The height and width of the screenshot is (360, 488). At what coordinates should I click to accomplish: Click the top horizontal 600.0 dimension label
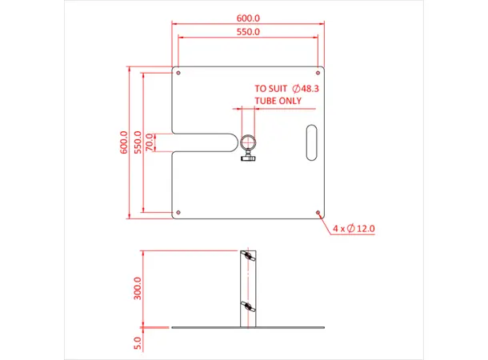(x=248, y=18)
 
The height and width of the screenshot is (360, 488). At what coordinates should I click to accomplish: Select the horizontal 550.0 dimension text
(x=248, y=32)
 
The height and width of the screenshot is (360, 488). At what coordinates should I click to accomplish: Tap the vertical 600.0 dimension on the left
(x=124, y=142)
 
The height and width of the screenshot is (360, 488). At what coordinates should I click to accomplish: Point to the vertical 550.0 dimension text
(x=138, y=142)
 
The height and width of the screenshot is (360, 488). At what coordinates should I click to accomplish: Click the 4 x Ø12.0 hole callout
(x=354, y=229)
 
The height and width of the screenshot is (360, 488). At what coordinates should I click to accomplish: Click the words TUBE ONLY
(x=278, y=102)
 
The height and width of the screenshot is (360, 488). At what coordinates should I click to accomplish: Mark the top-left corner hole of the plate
(x=178, y=72)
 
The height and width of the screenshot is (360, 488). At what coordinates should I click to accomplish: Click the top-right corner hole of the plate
(x=318, y=72)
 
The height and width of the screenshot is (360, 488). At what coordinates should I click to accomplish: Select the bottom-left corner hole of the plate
(x=178, y=213)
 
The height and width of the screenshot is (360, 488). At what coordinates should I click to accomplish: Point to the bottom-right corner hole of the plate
(x=318, y=213)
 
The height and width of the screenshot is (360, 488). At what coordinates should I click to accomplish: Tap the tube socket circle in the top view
(x=247, y=142)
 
